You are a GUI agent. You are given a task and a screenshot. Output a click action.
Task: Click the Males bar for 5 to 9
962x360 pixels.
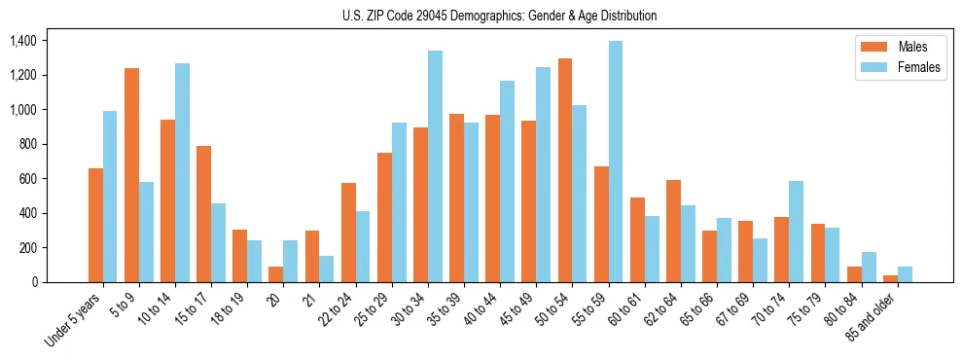[x=131, y=175]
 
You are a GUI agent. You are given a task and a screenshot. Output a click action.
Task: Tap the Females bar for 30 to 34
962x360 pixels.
[x=435, y=166]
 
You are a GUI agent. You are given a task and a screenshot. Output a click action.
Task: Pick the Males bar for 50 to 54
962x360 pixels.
[x=565, y=170]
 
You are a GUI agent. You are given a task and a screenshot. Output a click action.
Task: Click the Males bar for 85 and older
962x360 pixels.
[x=890, y=278]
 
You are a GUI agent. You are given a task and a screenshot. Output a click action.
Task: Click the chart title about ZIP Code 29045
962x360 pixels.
[x=499, y=16]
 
